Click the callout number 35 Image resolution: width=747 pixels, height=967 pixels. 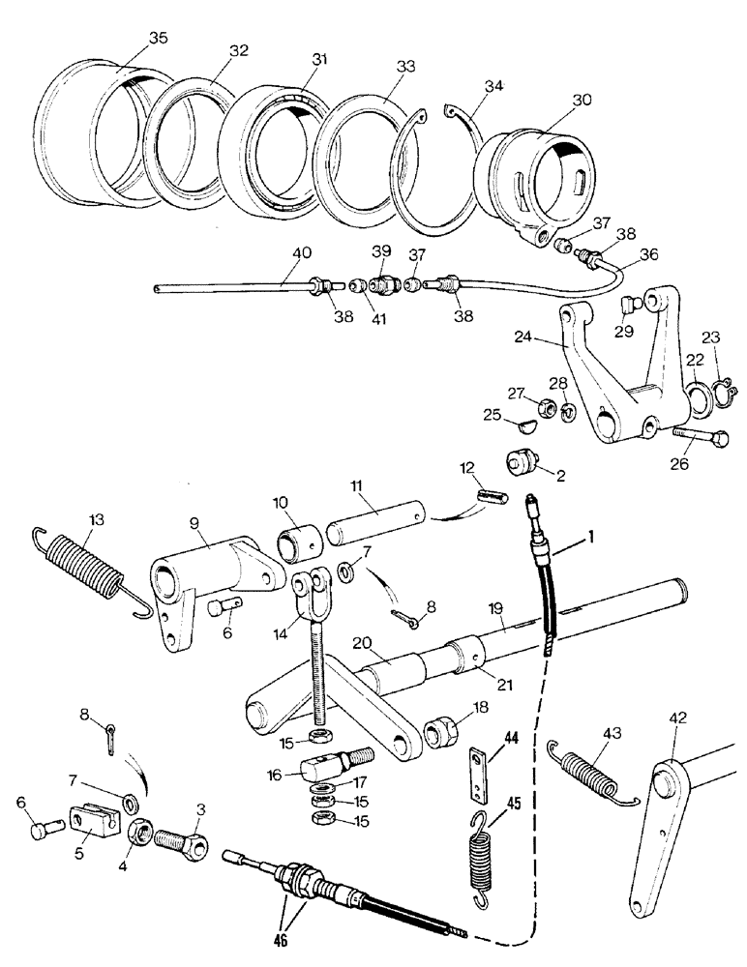point(158,40)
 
